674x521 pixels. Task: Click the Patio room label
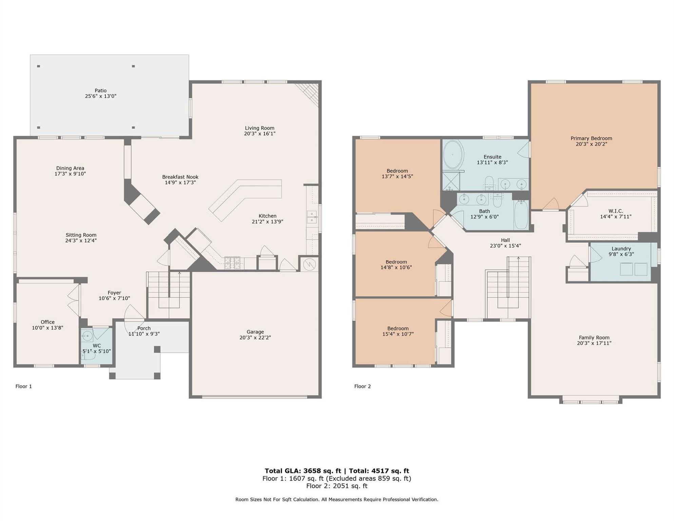[x=100, y=91]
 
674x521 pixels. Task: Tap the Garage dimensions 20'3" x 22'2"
[x=255, y=337]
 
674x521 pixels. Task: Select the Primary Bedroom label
[x=591, y=138]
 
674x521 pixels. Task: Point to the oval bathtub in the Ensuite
[x=453, y=154]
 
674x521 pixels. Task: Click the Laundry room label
[x=621, y=249]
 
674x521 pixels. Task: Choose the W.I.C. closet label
[x=616, y=211]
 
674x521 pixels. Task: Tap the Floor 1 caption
[x=24, y=386]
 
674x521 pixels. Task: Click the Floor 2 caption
[x=363, y=386]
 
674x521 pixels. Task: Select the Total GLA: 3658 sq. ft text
[x=303, y=471]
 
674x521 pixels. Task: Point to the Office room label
[x=47, y=322]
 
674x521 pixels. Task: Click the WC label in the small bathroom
[x=97, y=346]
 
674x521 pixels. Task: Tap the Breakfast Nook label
[x=180, y=177]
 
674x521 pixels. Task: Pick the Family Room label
[x=594, y=337]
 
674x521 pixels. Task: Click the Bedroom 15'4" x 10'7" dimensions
[x=398, y=334]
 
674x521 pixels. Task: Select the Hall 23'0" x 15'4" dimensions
[x=505, y=246]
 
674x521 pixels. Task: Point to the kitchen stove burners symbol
[x=232, y=263]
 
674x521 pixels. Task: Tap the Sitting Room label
[x=81, y=235]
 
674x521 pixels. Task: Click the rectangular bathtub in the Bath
[x=521, y=214]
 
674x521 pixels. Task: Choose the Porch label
[x=144, y=328]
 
